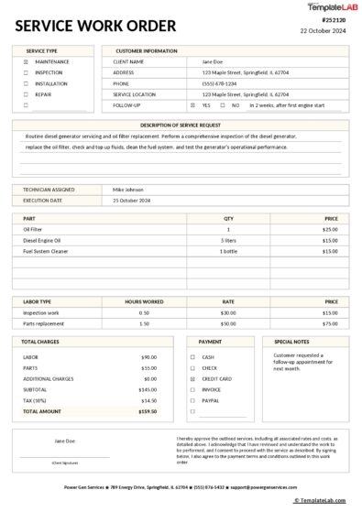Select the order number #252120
[x=335, y=19]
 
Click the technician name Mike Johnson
[x=128, y=189]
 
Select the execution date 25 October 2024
[x=133, y=200]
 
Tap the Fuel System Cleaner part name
[x=46, y=251]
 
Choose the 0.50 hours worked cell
[x=144, y=312]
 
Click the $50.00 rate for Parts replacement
[x=228, y=323]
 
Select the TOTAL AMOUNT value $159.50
[x=148, y=411]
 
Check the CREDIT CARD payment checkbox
[x=192, y=378]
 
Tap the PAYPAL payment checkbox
[x=192, y=400]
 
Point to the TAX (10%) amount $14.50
[x=148, y=400]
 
